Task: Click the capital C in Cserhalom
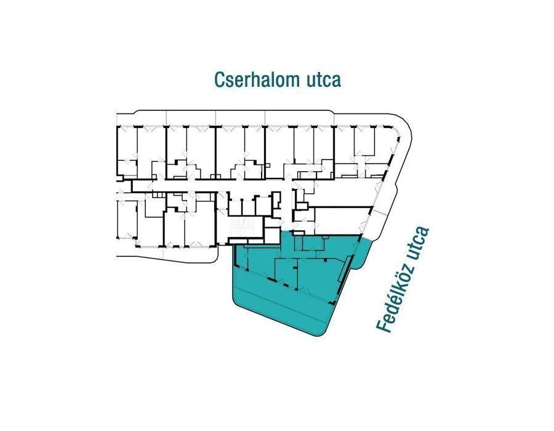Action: [219, 80]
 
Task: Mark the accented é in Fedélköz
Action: [391, 309]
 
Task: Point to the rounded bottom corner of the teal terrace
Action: [320, 332]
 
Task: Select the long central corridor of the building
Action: [246, 185]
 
